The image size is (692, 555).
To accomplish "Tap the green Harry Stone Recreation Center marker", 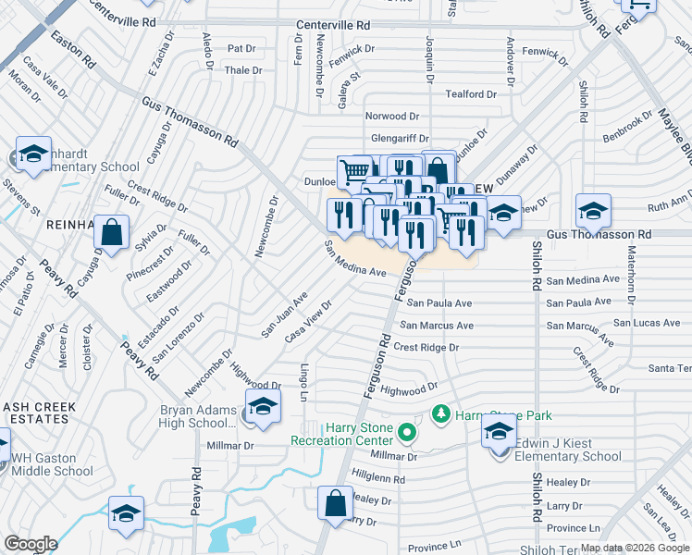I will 405,432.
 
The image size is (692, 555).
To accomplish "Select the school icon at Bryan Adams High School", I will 263,406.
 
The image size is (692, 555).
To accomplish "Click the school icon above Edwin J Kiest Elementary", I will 500,432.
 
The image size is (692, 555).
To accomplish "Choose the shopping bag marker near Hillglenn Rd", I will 335,504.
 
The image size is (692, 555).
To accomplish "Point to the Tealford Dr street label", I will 478,94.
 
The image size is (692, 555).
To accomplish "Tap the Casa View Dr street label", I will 309,321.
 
